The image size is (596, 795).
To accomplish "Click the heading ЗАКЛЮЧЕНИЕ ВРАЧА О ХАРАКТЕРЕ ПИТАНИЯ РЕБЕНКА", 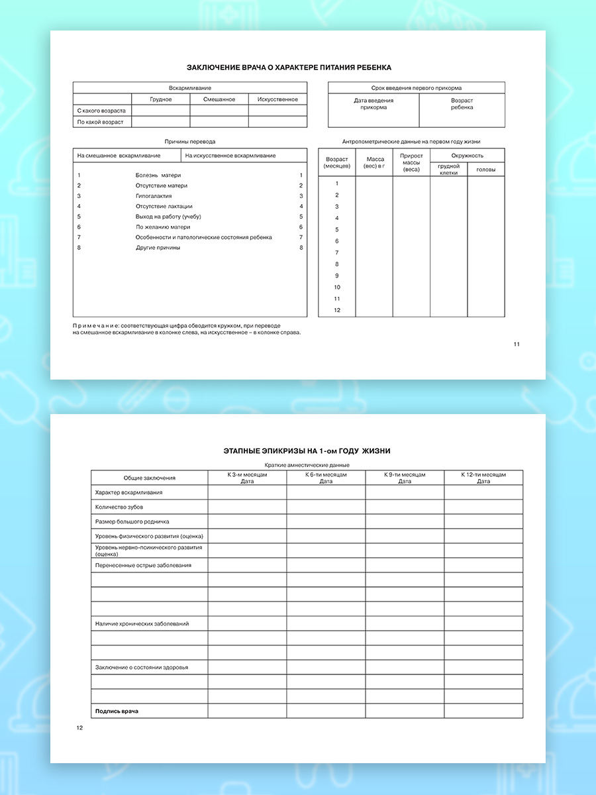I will tap(289, 68).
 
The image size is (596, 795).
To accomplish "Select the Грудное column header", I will tap(161, 99).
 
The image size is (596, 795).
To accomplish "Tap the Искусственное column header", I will tap(277, 99).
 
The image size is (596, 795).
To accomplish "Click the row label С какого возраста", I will tap(101, 111).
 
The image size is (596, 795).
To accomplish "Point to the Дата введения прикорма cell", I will tap(373, 104).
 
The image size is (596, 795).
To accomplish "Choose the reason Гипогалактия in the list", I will tap(154, 196).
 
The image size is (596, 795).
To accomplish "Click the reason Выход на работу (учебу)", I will tap(168, 217).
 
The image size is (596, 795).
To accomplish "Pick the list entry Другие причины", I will tap(158, 248).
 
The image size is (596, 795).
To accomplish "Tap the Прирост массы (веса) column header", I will tap(411, 163).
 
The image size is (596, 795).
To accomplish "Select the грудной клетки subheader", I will tap(448, 170).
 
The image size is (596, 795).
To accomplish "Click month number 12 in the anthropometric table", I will tap(337, 310).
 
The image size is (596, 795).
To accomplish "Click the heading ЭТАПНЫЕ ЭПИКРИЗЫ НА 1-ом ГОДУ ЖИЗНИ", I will tap(307, 451).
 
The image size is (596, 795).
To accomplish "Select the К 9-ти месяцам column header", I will tap(405, 478).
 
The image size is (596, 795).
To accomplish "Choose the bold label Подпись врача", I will tap(117, 711).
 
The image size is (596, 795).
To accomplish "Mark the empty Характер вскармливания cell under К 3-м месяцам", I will tap(247, 492).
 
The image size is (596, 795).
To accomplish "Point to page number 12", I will tap(79, 728).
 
